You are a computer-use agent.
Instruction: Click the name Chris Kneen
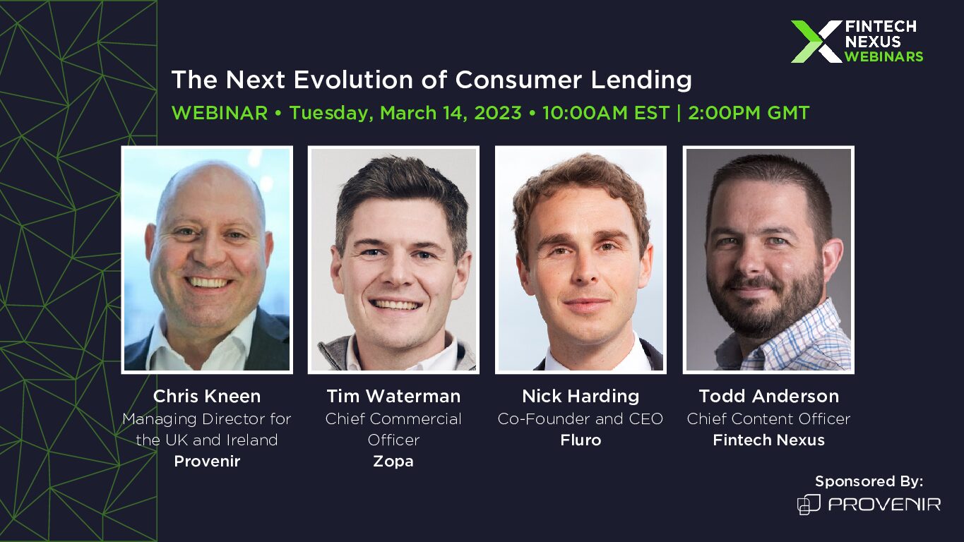206,396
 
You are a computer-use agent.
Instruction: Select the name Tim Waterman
393,396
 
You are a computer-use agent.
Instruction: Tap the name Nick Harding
581,396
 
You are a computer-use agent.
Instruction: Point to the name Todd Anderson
768,396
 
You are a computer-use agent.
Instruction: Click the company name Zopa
393,461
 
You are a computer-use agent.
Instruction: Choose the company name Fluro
581,440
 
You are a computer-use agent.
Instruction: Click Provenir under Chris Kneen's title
207,461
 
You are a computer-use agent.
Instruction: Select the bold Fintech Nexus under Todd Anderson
768,440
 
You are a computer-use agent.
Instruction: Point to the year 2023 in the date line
498,113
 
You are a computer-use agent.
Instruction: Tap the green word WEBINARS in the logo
884,56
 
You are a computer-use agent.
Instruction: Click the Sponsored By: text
869,481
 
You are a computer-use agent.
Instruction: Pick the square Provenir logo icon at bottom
809,505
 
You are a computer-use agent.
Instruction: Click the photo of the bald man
207,260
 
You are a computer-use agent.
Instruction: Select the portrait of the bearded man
768,260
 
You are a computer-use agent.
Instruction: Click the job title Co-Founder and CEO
581,418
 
